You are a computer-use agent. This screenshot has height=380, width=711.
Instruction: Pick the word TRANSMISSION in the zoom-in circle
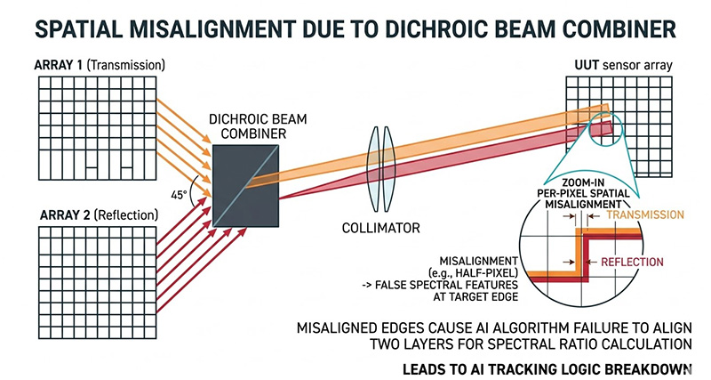(647, 214)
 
